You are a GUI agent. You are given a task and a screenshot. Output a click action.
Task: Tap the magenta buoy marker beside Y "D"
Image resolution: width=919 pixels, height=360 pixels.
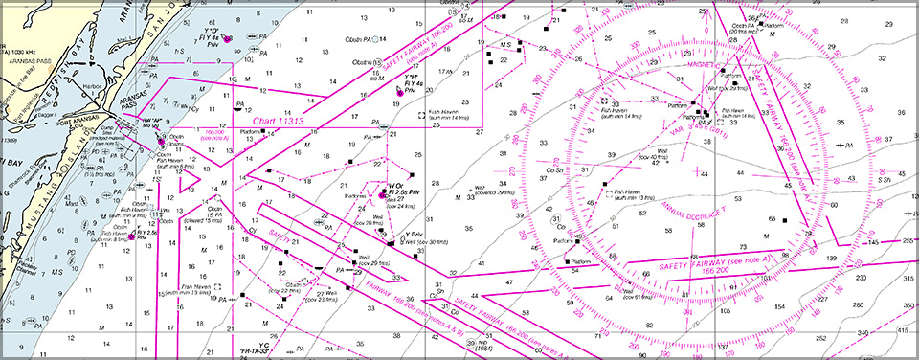click(x=228, y=39)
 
